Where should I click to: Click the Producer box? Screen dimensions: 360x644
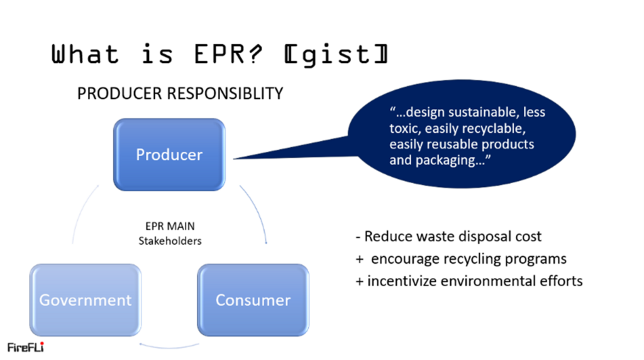169,154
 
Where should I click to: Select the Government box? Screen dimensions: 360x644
86,300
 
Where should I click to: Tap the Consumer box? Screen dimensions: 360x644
253,300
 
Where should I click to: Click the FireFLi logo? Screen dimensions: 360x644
25,347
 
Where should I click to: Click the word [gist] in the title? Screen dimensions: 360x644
335,55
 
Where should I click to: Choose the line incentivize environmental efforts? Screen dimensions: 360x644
469,281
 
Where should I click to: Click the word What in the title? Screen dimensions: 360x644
85,55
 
